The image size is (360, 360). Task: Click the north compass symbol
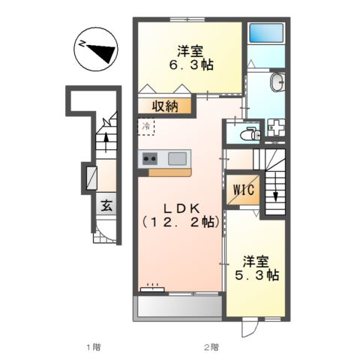coord(95,50)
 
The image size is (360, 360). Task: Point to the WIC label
coord(241,190)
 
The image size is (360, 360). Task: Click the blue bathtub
coord(265,34)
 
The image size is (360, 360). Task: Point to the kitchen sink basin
coord(178,158)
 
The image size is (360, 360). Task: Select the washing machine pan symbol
coord(276,129)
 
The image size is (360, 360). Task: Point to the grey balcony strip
coord(177,306)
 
